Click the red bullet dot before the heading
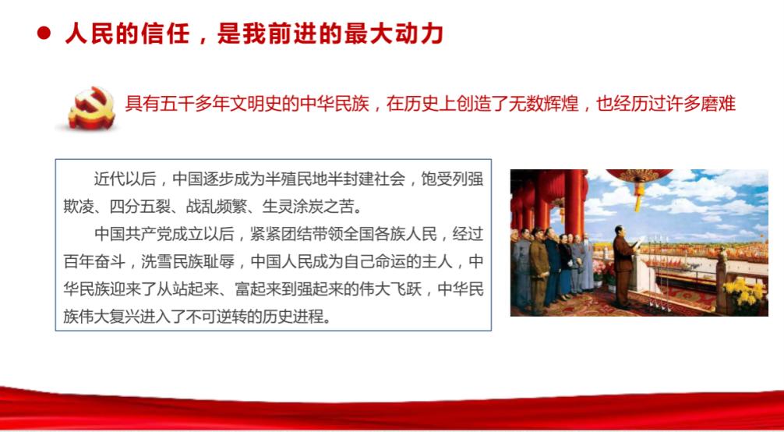(x=44, y=33)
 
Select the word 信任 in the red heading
(x=164, y=34)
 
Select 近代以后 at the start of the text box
(x=125, y=179)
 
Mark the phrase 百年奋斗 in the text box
(x=94, y=262)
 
